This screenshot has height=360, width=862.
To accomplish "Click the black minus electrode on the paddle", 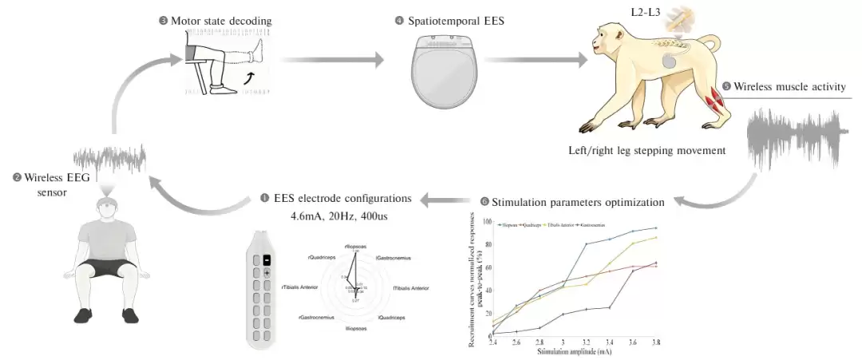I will pyautogui.click(x=267, y=260).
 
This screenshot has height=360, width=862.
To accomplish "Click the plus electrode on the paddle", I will pyautogui.click(x=267, y=274).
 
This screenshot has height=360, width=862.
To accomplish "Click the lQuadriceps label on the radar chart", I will pyautogui.click(x=388, y=317).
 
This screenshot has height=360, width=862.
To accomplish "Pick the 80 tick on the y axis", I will pyautogui.click(x=486, y=243).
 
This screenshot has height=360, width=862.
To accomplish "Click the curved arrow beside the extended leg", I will pyautogui.click(x=251, y=77).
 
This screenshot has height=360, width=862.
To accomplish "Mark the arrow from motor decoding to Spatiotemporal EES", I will pyautogui.click(x=331, y=59).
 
